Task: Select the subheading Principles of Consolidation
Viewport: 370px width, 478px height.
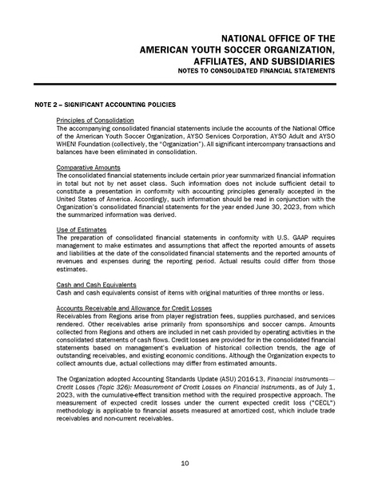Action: [95, 120]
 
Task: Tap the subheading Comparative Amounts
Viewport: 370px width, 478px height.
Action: [87, 168]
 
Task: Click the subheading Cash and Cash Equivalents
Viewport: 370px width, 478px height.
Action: [100, 284]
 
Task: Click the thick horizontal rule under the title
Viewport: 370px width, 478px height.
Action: [185, 84]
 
